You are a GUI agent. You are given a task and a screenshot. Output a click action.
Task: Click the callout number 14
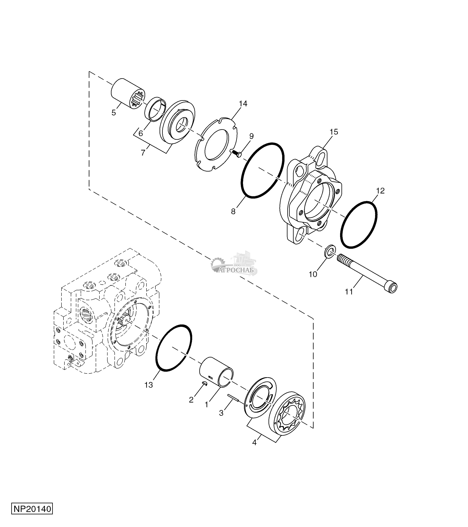[x=243, y=104]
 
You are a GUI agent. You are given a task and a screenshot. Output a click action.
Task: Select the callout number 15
[x=334, y=132]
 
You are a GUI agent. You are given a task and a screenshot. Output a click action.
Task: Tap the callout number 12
[x=380, y=191]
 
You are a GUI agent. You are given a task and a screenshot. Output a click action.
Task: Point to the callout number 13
[x=149, y=392]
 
